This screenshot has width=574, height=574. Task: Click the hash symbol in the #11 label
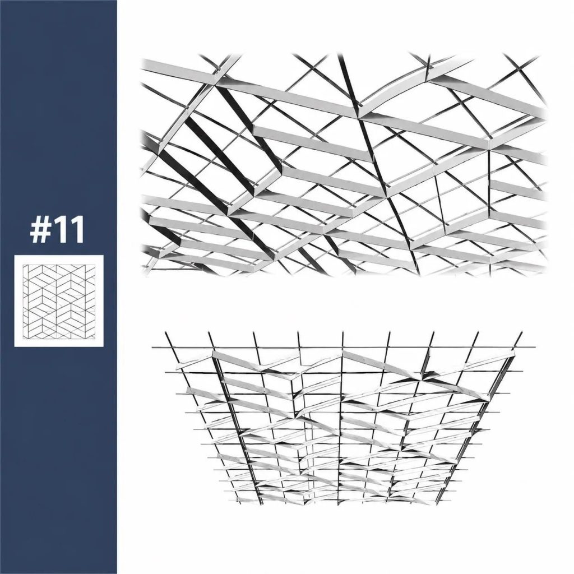click(40, 230)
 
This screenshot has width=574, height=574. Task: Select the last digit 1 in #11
click(77, 230)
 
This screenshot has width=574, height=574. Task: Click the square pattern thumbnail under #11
click(59, 300)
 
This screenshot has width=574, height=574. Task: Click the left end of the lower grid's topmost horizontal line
click(152, 346)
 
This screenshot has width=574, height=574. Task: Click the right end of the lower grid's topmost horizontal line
click(535, 347)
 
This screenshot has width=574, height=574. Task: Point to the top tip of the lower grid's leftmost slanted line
click(165, 332)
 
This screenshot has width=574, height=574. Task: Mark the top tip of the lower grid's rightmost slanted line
click(522, 332)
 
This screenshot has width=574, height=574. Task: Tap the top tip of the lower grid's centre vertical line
click(343, 332)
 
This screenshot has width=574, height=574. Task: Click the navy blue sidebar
click(58, 287)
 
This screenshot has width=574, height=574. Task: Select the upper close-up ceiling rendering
click(344, 164)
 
